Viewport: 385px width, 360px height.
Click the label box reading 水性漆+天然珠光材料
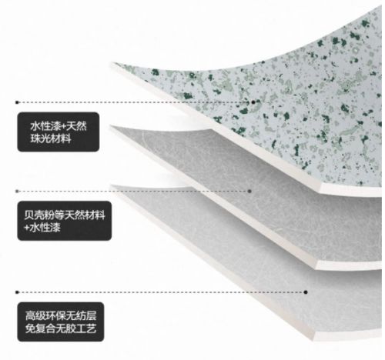click(59, 132)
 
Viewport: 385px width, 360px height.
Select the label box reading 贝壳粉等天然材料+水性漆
click(65, 221)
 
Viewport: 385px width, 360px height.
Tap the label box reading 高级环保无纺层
click(61, 322)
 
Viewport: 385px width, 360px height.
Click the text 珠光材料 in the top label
click(51, 138)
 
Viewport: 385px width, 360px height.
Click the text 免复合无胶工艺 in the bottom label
click(61, 328)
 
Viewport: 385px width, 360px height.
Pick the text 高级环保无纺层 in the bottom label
click(61, 315)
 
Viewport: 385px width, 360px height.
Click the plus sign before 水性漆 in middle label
click(27, 228)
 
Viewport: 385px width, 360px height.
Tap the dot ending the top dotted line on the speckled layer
click(253, 102)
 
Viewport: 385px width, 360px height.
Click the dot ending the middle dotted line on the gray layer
click(249, 192)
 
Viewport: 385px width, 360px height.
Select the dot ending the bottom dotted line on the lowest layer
click(306, 292)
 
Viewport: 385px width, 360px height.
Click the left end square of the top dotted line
click(17, 102)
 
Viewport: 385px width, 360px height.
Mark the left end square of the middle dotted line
click(17, 192)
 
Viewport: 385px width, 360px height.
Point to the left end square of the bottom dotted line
click(17, 292)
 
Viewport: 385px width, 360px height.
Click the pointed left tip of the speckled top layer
click(111, 62)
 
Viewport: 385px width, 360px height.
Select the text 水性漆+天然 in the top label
click(59, 126)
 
